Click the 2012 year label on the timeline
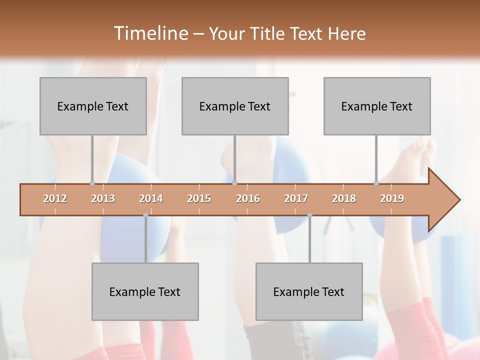(x=55, y=199)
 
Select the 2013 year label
(x=103, y=199)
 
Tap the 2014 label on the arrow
(x=151, y=199)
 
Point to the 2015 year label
(x=199, y=199)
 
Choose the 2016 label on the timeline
(x=248, y=199)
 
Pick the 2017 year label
(x=296, y=199)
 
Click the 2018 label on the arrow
(x=344, y=199)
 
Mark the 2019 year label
(x=392, y=199)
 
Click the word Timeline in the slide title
(x=149, y=33)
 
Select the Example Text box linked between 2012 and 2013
(x=93, y=106)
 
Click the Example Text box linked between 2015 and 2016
(x=235, y=106)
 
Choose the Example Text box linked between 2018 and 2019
(x=377, y=106)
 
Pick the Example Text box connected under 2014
(x=145, y=291)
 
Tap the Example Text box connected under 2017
(x=309, y=291)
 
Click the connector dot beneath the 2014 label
(x=145, y=215)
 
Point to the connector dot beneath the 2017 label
(x=309, y=215)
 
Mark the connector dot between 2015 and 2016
(x=234, y=183)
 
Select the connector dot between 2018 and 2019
(x=376, y=183)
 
